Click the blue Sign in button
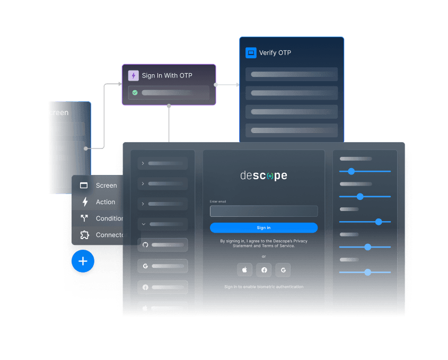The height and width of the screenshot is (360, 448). pos(263,228)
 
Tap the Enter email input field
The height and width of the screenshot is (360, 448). pos(263,211)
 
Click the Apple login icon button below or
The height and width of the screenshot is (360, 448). pos(244,270)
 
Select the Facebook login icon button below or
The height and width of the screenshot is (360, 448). pos(264,270)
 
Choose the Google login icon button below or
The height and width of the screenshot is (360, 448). pos(283,270)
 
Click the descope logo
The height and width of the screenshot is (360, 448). pos(263,175)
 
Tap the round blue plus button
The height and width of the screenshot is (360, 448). pos(83,261)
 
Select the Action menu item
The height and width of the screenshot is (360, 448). pos(105,202)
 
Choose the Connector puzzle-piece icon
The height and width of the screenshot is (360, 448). pos(84,235)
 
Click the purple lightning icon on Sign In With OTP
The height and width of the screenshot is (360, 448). pos(134,76)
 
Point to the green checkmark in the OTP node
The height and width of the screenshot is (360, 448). pos(135,92)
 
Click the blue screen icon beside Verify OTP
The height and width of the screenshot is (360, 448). pos(251,53)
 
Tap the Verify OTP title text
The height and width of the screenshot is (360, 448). pos(275,53)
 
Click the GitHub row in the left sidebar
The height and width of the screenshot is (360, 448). pos(163,245)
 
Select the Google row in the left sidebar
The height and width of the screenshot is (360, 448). pos(163,266)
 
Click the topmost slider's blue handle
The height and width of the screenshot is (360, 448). pos(351,171)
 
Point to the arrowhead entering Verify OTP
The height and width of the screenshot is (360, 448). pos(237,84)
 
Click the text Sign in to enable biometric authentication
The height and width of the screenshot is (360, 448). pos(263,287)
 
